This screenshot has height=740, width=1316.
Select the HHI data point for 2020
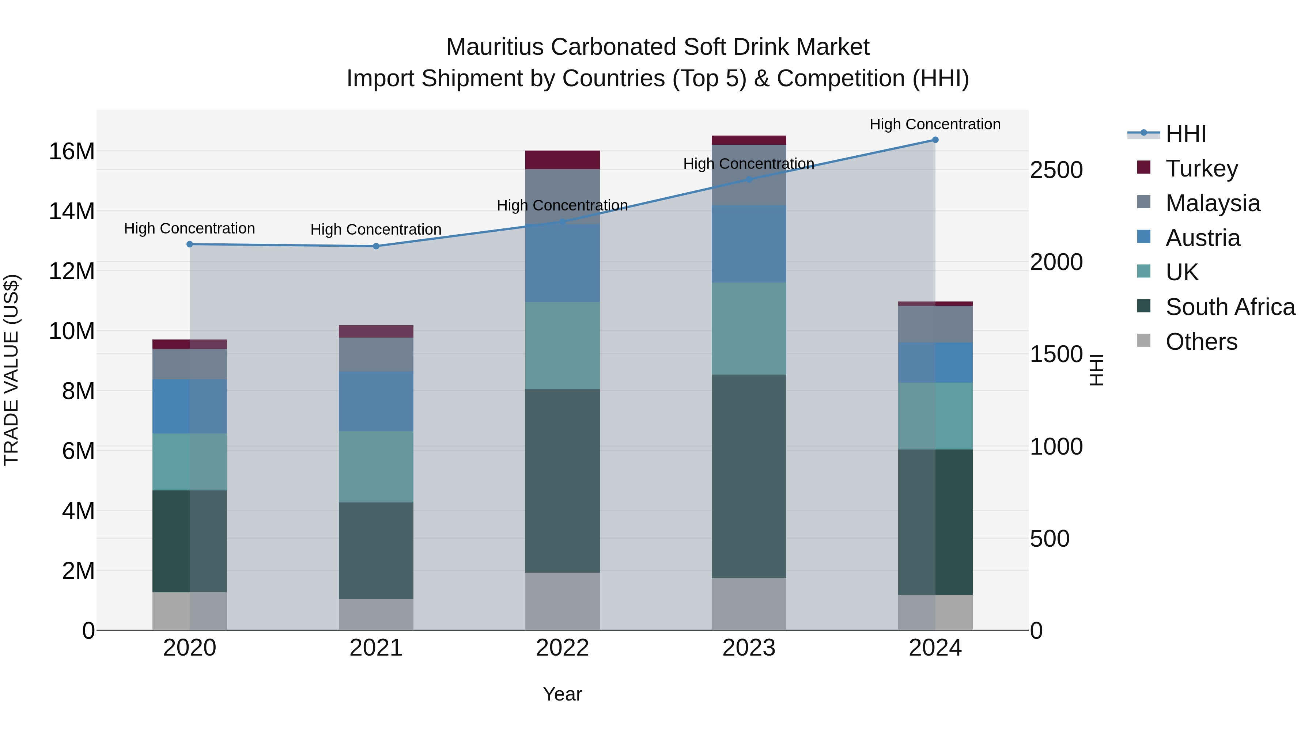189,244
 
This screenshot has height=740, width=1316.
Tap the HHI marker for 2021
376,246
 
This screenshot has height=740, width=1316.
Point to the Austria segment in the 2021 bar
376,401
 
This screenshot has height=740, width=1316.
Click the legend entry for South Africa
1230,307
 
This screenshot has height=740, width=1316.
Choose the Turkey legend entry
1202,168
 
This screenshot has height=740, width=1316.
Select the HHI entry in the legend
1185,134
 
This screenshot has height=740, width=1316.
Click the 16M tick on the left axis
72,152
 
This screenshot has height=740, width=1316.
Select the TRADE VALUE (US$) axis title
11,370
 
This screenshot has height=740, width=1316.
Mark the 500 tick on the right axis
1049,539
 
